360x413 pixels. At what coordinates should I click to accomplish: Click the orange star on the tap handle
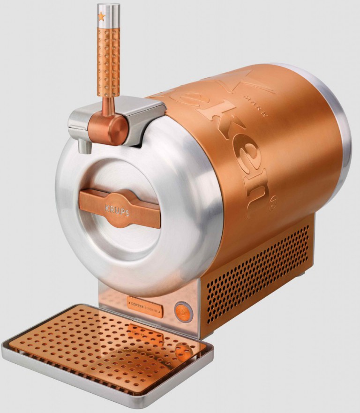(x=102, y=16)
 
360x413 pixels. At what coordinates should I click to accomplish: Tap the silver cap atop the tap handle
(x=109, y=11)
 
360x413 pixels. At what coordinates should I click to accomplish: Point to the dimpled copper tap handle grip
(x=108, y=56)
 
